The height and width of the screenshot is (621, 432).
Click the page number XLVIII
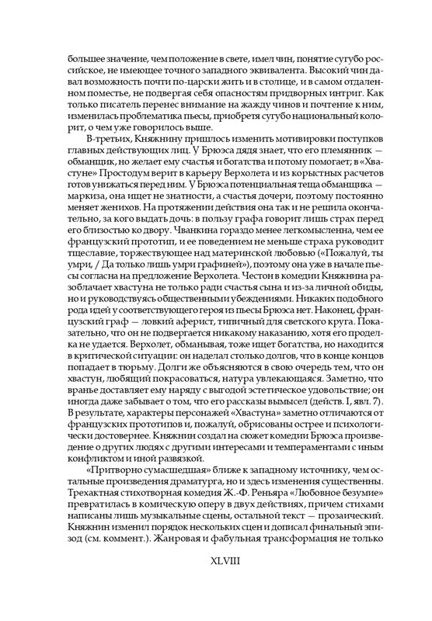pyautogui.click(x=216, y=578)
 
